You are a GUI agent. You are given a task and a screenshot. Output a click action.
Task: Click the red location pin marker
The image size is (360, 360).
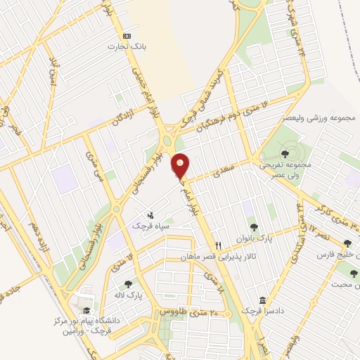(181, 166)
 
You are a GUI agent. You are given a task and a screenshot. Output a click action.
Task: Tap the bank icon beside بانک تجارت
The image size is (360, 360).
(126, 36)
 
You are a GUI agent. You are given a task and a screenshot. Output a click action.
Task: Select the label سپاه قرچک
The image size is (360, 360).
(150, 227)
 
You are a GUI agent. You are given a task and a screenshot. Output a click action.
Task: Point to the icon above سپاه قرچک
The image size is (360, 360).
(150, 216)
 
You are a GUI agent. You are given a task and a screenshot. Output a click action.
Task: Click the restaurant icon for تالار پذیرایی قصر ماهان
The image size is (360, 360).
(219, 245)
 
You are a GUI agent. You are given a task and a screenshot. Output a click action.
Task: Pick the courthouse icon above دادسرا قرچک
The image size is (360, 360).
(262, 300)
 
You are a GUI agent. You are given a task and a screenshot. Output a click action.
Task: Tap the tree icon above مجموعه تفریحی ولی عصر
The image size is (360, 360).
(284, 152)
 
